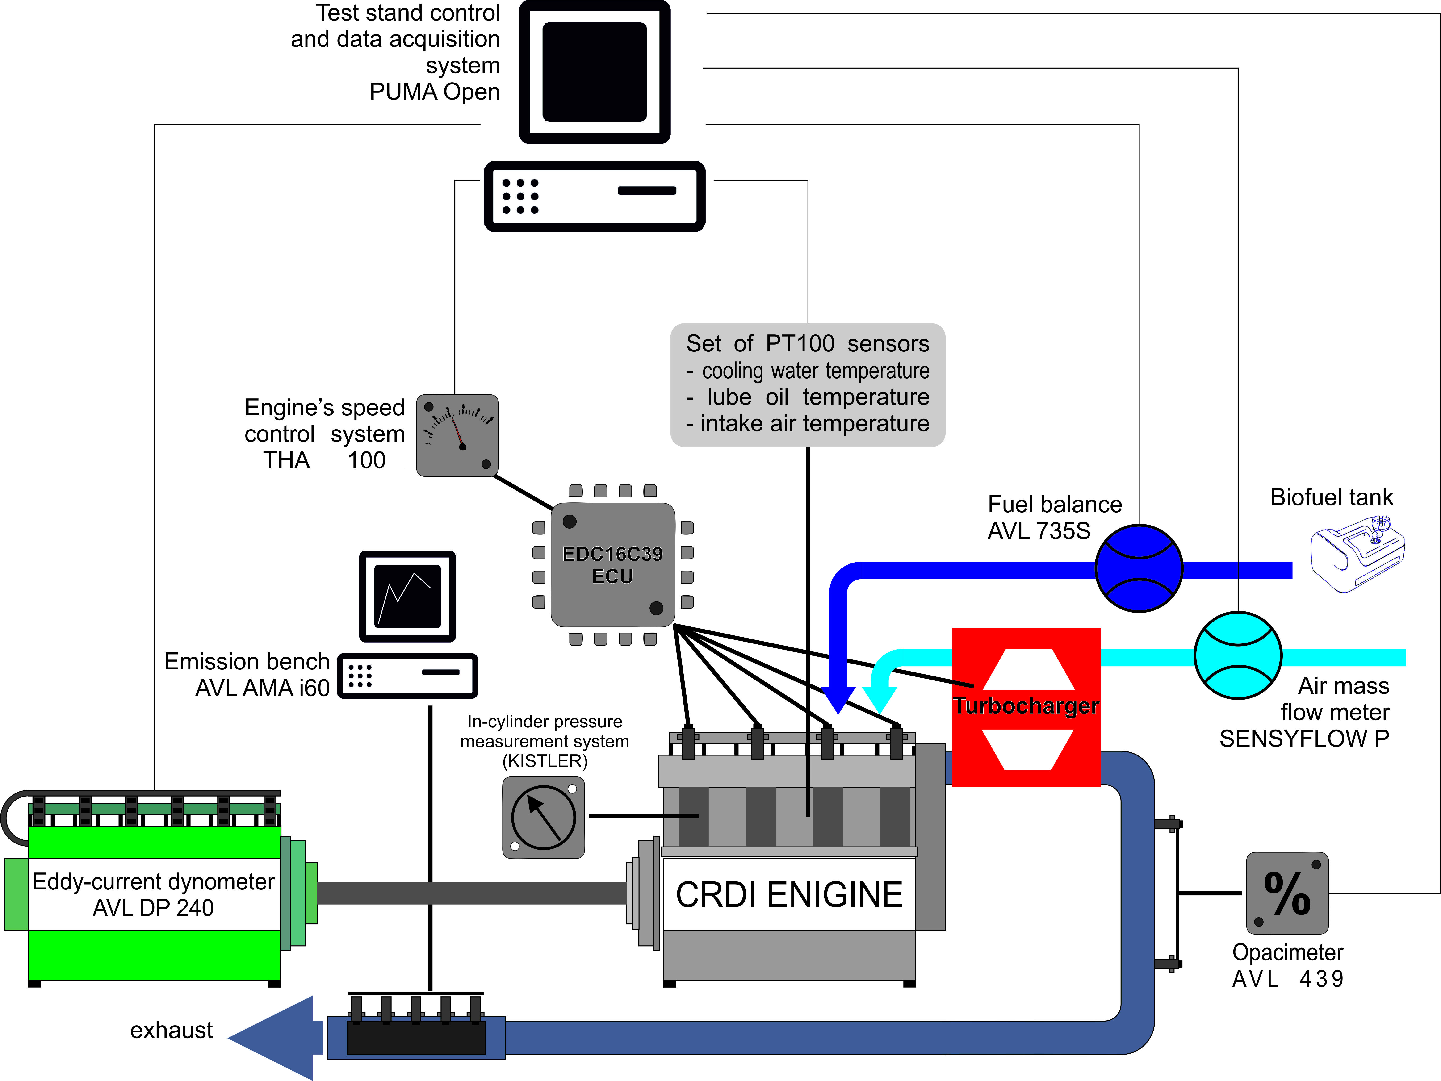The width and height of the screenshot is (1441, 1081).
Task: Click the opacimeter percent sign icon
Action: click(x=1287, y=893)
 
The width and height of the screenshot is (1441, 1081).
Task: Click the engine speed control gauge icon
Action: click(x=457, y=435)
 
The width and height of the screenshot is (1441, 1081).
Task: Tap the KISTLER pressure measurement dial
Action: click(x=543, y=817)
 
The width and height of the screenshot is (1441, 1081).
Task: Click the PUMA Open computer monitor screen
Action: click(x=594, y=72)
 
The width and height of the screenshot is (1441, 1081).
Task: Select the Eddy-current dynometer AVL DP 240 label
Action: click(x=154, y=894)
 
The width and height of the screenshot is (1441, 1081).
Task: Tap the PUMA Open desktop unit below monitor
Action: click(x=594, y=196)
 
